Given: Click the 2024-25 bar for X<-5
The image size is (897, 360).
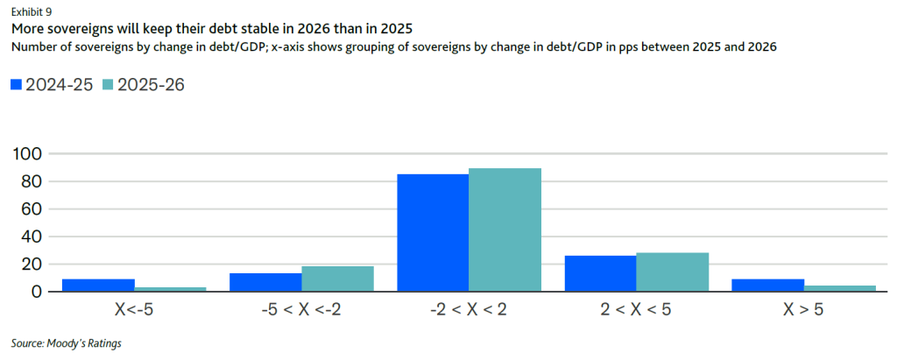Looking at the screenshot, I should click(98, 286).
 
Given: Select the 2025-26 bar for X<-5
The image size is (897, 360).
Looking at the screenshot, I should click(171, 288).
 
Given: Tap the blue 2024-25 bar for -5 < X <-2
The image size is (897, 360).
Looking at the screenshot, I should click(265, 282).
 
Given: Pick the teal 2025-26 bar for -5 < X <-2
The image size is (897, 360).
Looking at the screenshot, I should click(337, 279).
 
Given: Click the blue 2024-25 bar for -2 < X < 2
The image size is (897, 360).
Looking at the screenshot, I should click(433, 233).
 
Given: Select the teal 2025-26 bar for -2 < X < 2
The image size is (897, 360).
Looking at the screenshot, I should click(505, 229).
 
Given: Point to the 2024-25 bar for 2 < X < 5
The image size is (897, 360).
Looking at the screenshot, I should click(600, 273).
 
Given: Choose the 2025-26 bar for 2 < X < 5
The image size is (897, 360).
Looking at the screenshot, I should click(672, 272).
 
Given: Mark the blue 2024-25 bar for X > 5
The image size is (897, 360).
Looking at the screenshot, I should click(767, 286).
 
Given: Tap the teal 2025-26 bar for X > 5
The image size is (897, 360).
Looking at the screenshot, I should click(839, 288).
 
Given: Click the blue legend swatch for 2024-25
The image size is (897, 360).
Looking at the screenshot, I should click(16, 84).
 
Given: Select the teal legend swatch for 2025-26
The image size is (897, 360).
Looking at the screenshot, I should click(108, 84).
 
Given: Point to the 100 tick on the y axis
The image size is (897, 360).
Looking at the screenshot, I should click(29, 154).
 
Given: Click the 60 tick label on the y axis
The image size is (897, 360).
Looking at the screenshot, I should click(32, 208).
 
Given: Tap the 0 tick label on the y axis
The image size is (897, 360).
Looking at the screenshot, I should click(37, 291).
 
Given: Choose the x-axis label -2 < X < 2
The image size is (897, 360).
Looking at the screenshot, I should click(469, 309).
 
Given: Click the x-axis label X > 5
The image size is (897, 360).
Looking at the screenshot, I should click(803, 309).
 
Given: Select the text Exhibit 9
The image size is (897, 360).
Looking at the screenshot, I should click(31, 11).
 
